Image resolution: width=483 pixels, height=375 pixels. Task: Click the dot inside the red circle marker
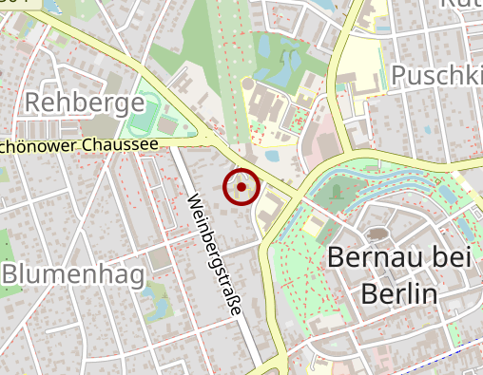(x=241, y=187)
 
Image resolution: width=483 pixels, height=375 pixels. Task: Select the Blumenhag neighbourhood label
(x=72, y=274)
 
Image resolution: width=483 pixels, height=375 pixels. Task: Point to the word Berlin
(x=399, y=293)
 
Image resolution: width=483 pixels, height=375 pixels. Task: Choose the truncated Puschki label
(x=436, y=75)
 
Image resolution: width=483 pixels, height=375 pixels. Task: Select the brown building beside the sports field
(x=168, y=125)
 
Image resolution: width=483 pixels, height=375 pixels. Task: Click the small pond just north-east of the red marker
(x=272, y=157)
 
